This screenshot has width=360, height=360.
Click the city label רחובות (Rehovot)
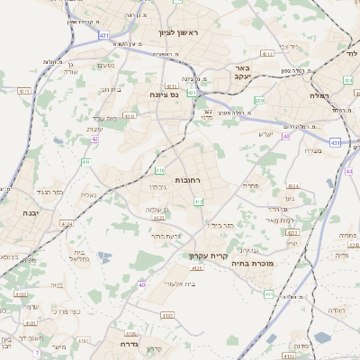pyautogui.click(x=187, y=181)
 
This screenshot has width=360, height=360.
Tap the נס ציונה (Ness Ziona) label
pyautogui.click(x=169, y=93)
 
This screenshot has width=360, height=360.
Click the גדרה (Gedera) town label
pyautogui.click(x=128, y=344)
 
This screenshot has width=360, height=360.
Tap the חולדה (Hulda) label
pyautogui.click(x=336, y=310)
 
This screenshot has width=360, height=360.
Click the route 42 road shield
pyautogui.click(x=94, y=139)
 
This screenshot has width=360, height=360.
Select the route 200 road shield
pyautogui.click(x=259, y=101)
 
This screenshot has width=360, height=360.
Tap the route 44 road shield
pyautogui.click(x=348, y=169)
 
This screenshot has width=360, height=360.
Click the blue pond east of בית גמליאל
pyautogui.click(x=106, y=259)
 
